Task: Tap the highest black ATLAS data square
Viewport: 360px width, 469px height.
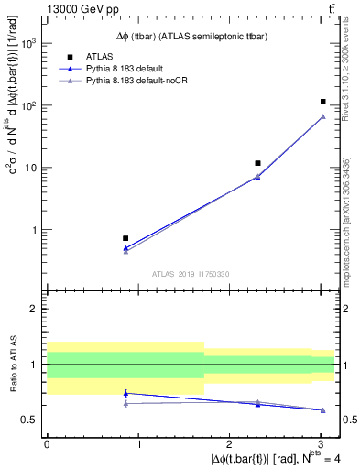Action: click(322, 102)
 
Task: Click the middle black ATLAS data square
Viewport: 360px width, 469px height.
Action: click(258, 163)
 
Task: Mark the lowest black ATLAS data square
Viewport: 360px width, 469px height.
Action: click(125, 238)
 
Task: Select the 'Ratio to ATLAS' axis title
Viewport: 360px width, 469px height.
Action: click(13, 365)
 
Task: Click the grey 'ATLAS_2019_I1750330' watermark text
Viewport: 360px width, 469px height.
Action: click(190, 273)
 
